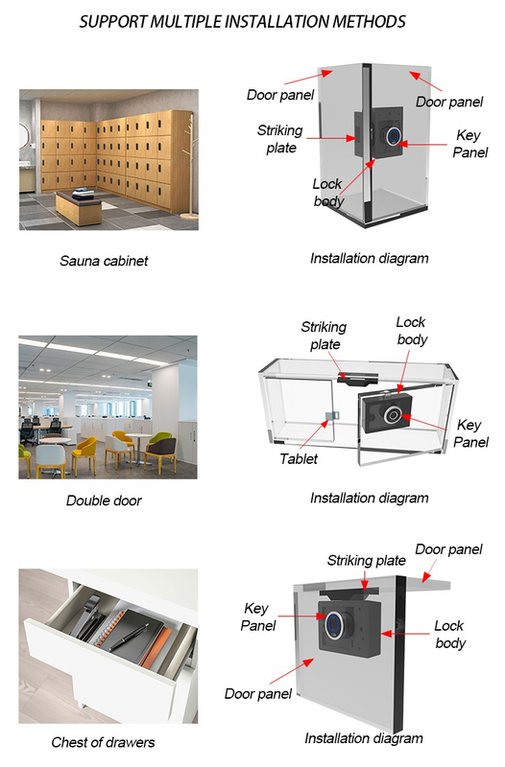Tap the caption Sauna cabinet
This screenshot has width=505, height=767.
[104, 261]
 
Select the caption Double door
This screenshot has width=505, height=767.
[104, 500]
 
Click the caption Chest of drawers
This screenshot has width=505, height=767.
[103, 742]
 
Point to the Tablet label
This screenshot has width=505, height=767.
[299, 458]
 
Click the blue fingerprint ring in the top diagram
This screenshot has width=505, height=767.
[394, 137]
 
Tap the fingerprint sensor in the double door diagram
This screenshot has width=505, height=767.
[394, 415]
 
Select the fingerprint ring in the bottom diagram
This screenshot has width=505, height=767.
[335, 625]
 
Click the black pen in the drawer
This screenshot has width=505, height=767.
[130, 637]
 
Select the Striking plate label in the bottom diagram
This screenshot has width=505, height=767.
[366, 560]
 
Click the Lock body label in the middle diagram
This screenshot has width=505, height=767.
[412, 331]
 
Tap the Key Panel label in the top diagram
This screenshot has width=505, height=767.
[469, 144]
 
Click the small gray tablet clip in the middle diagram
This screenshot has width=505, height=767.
[331, 416]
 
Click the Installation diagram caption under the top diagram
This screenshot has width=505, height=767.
[369, 258]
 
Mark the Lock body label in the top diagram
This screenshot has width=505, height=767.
[327, 193]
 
